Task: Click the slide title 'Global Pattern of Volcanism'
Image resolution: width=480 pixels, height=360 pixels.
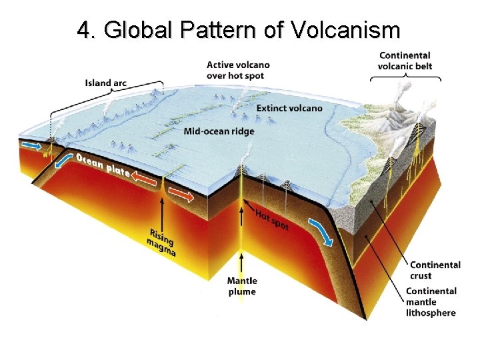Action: coord(239,30)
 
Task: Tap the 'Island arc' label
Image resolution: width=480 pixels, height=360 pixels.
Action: coord(106,83)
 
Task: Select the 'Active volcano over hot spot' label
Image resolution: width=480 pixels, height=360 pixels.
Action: coord(238,71)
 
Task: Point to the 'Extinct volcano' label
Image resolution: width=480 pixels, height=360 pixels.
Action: coord(289,108)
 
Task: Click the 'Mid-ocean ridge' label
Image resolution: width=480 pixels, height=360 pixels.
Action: coord(219,131)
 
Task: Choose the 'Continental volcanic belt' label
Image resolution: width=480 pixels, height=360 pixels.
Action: coord(404,61)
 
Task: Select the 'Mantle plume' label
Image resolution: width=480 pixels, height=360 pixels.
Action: coord(241,286)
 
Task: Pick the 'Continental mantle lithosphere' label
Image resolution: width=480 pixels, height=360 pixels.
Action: coord(431,302)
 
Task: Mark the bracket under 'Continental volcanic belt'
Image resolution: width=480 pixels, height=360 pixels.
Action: coord(405,78)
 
